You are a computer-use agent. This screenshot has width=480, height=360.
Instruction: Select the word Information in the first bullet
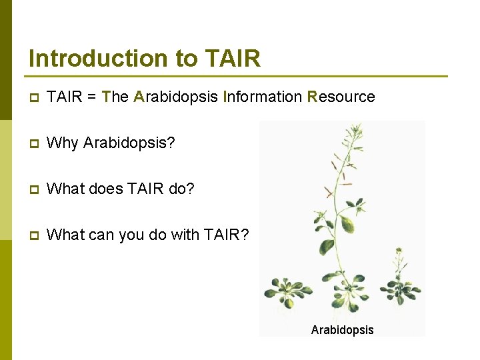(263, 97)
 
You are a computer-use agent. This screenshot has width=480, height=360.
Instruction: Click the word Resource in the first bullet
(341, 97)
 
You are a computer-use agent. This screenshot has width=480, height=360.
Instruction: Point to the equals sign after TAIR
(91, 97)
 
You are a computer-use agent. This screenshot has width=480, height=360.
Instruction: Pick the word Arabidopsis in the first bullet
(176, 97)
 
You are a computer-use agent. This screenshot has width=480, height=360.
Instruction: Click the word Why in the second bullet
(63, 143)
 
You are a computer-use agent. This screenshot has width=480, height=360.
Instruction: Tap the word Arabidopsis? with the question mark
(129, 143)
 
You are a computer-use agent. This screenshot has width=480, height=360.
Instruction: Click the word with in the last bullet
(189, 235)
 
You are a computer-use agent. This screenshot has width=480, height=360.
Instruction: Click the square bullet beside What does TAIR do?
(33, 190)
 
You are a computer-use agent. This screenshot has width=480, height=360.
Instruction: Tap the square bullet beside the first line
(33, 98)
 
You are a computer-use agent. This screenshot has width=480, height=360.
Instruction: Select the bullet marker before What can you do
(33, 236)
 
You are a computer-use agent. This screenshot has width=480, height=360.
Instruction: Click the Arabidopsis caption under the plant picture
(342, 330)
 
